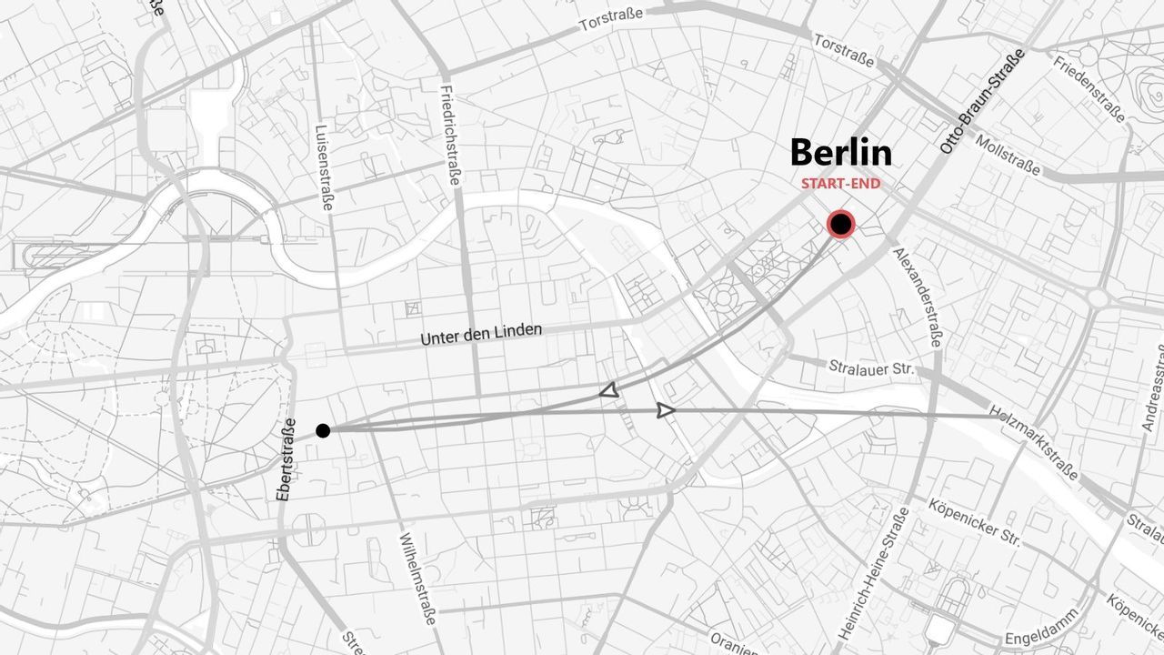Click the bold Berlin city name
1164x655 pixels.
pyautogui.click(x=840, y=153)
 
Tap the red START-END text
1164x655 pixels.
pyautogui.click(x=840, y=184)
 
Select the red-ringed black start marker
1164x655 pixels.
pyautogui.click(x=841, y=224)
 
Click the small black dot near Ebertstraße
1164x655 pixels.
pyautogui.click(x=323, y=430)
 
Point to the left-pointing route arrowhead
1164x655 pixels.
pyautogui.click(x=609, y=391)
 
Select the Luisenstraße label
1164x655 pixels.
pyautogui.click(x=323, y=168)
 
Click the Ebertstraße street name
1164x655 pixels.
pyautogui.click(x=286, y=460)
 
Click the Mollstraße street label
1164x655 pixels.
pyautogui.click(x=1008, y=155)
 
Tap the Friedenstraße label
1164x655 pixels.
pyautogui.click(x=1089, y=88)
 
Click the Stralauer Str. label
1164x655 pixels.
pyautogui.click(x=870, y=368)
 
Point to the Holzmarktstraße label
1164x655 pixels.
pyautogui.click(x=1034, y=442)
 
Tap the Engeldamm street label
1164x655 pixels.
pyautogui.click(x=1042, y=627)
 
